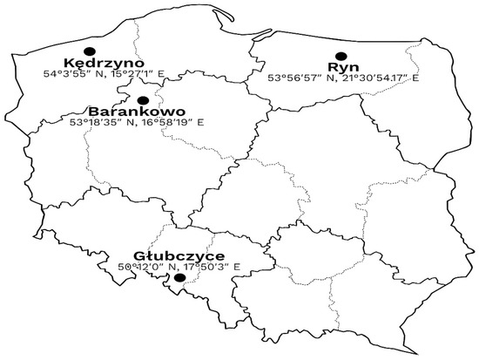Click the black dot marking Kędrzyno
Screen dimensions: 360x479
click(88, 51)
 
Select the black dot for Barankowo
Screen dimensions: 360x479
click(143, 100)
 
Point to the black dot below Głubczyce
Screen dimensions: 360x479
click(179, 279)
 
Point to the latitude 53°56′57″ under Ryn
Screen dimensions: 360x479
click(293, 78)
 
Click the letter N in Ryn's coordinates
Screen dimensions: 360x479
click(327, 78)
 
